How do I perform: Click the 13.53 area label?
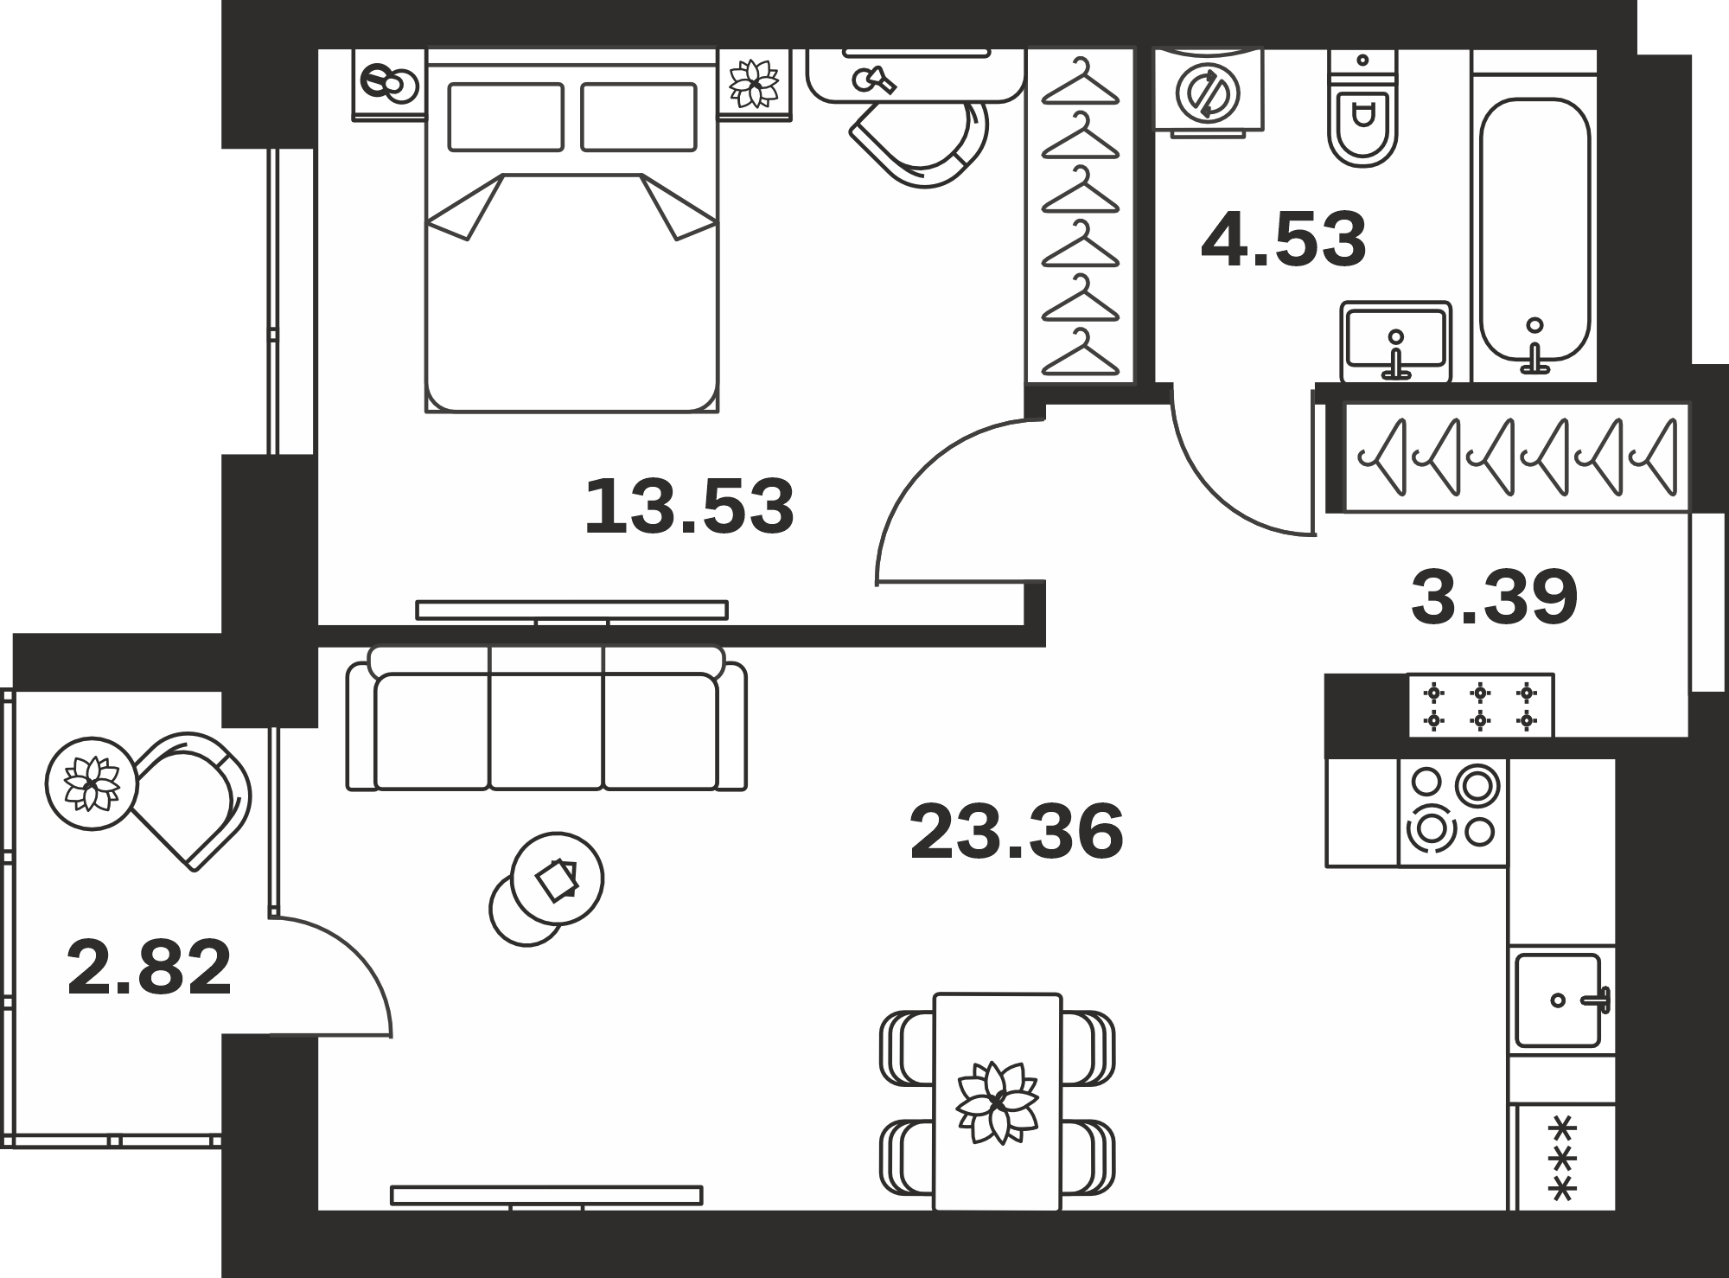[x=689, y=507]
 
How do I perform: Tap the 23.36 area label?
[x=1017, y=832]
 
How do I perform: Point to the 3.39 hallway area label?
[x=1495, y=597]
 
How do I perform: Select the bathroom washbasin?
[x=1395, y=341]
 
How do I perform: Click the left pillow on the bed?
[x=506, y=117]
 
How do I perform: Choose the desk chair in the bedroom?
[x=922, y=141]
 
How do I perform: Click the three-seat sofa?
[x=546, y=718]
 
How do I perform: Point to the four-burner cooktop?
[x=1452, y=813]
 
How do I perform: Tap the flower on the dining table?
[x=997, y=1101]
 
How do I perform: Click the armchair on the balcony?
[x=193, y=800]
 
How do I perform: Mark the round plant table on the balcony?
[x=92, y=783]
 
